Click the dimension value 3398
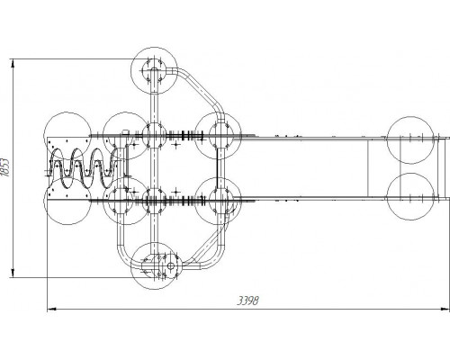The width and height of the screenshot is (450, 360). point(247,301)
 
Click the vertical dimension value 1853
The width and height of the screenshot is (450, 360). point(5,167)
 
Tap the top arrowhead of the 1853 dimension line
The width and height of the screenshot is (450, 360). point(13,64)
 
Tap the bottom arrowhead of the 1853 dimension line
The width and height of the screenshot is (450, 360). point(13,273)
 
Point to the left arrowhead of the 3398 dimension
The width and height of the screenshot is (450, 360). point(52,309)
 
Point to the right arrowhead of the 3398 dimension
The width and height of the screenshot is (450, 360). point(445,309)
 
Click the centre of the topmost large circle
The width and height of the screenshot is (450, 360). point(154,70)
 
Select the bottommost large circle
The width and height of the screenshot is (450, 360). point(154,266)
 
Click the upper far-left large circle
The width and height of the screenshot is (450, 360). point(67,136)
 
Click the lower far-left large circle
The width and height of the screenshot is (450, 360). point(67,201)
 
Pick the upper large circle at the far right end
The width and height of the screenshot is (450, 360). point(410,140)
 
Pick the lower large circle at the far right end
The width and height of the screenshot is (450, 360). point(410,196)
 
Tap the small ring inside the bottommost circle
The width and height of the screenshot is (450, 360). point(170,265)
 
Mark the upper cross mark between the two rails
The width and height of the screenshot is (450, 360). point(176,145)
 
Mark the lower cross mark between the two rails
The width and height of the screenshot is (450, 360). point(176,191)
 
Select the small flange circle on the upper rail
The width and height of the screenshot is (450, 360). point(154,135)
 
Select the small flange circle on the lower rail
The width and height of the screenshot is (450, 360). point(154,201)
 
